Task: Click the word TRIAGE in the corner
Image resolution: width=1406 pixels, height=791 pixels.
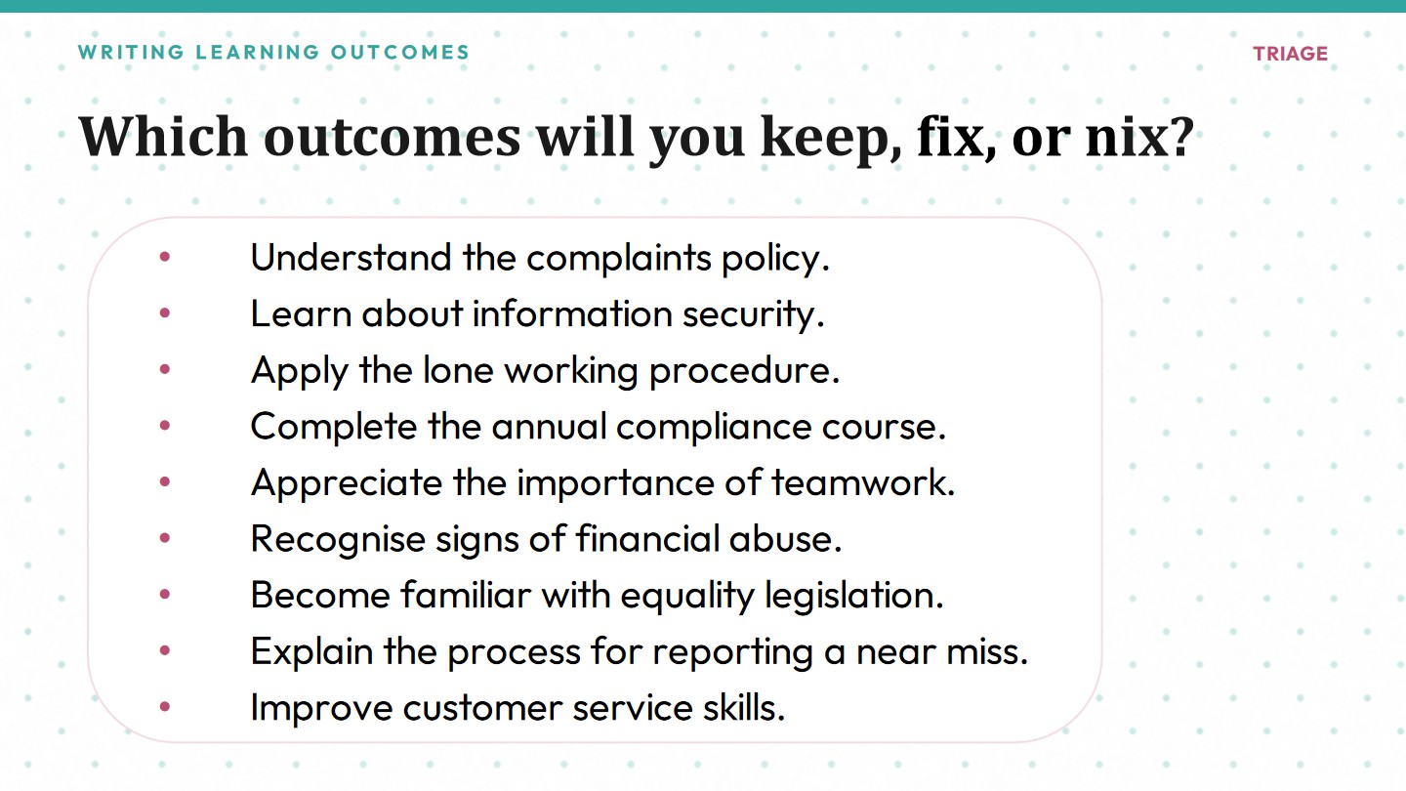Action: coord(1291,54)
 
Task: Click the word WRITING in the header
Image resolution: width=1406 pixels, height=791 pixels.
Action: coord(131,52)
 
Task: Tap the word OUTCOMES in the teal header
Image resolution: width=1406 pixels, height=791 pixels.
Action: coord(400,52)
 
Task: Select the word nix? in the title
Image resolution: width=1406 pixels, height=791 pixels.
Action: coord(1139,137)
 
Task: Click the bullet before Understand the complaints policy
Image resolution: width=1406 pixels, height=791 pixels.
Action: coord(165,256)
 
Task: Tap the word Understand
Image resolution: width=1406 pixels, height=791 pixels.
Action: coord(351,258)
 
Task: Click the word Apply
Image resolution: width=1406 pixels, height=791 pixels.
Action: coord(300,371)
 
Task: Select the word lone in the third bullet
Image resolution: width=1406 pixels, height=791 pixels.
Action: coord(458,370)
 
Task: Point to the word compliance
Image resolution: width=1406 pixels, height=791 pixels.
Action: coord(714,428)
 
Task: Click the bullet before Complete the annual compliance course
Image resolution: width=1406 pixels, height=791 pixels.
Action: coord(165,425)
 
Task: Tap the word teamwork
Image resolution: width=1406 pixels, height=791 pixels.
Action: coord(863,482)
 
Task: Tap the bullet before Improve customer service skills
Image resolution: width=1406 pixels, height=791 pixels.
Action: coord(165,706)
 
